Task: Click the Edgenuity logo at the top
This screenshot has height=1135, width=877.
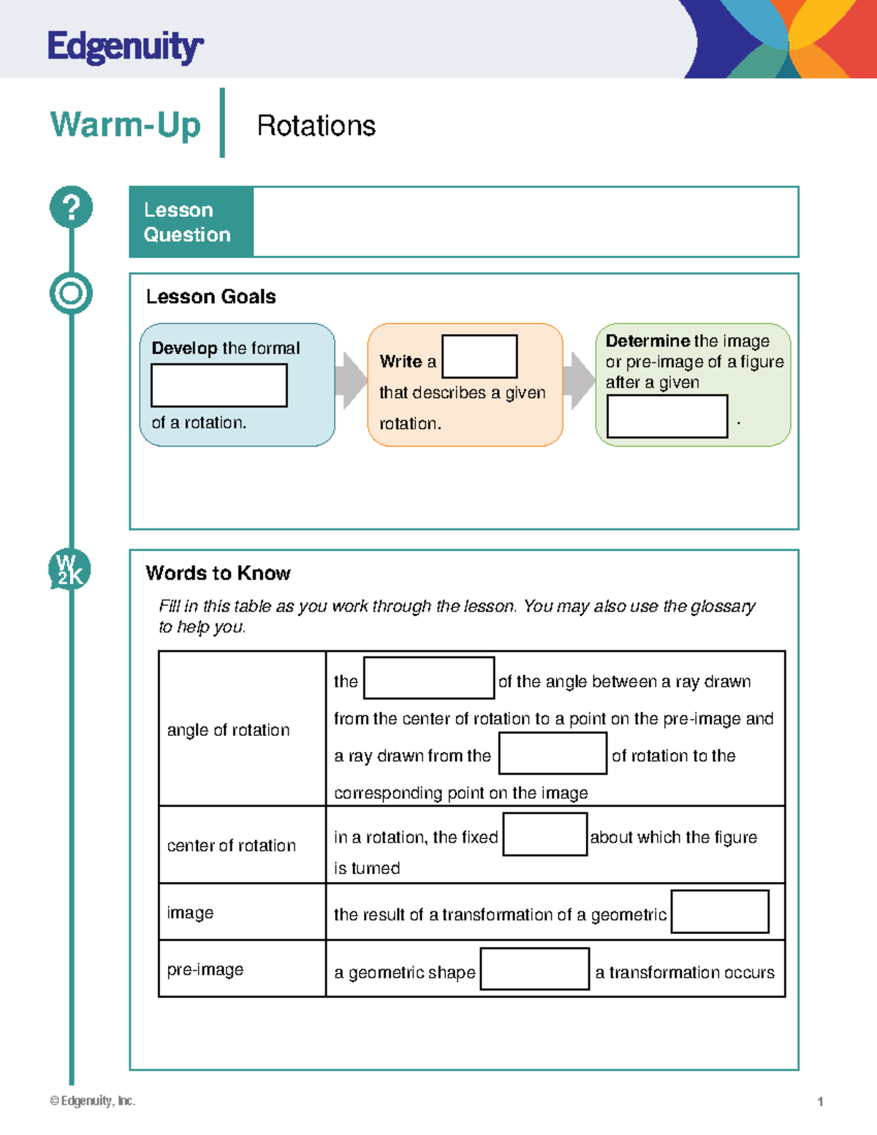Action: (x=125, y=48)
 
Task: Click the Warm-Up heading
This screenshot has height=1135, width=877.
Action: (x=125, y=125)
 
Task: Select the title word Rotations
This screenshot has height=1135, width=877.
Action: (x=316, y=126)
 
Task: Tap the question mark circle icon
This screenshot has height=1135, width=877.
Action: (x=71, y=207)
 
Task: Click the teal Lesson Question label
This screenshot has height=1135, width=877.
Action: (x=191, y=222)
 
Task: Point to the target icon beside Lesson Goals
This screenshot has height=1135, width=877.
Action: (x=71, y=294)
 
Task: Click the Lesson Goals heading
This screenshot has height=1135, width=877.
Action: (x=210, y=297)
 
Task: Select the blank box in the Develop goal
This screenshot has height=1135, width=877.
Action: (x=219, y=385)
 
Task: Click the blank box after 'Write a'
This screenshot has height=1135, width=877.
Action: (x=479, y=357)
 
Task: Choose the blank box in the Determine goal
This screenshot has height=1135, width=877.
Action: (x=667, y=417)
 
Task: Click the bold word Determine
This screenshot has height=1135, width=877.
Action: (x=648, y=341)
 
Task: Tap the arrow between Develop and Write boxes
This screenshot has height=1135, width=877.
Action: (x=352, y=381)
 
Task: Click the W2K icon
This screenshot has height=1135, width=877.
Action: (x=69, y=570)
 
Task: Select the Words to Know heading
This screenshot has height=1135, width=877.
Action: (x=218, y=573)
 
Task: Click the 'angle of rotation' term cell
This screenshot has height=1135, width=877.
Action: (x=228, y=730)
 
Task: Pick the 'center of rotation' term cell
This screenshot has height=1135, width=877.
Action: (x=231, y=846)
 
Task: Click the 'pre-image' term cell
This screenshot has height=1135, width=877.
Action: (x=205, y=970)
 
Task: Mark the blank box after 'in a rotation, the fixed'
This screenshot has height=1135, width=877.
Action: (x=545, y=835)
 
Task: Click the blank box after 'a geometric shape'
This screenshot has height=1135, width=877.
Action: (x=534, y=969)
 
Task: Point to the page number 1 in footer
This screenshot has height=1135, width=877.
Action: (x=820, y=1101)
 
